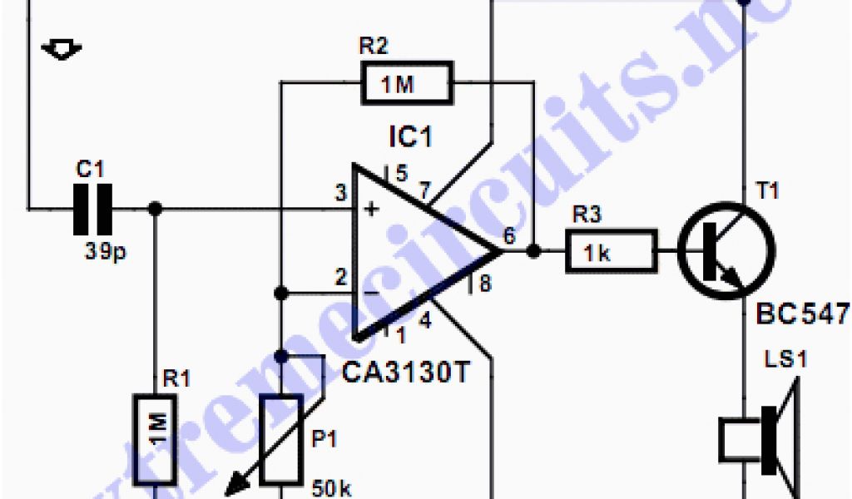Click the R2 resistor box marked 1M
[406, 83]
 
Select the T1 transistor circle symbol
[726, 247]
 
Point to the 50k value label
[332, 487]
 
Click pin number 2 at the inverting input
[340, 277]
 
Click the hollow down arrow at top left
[61, 49]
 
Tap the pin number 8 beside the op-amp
[485, 284]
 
